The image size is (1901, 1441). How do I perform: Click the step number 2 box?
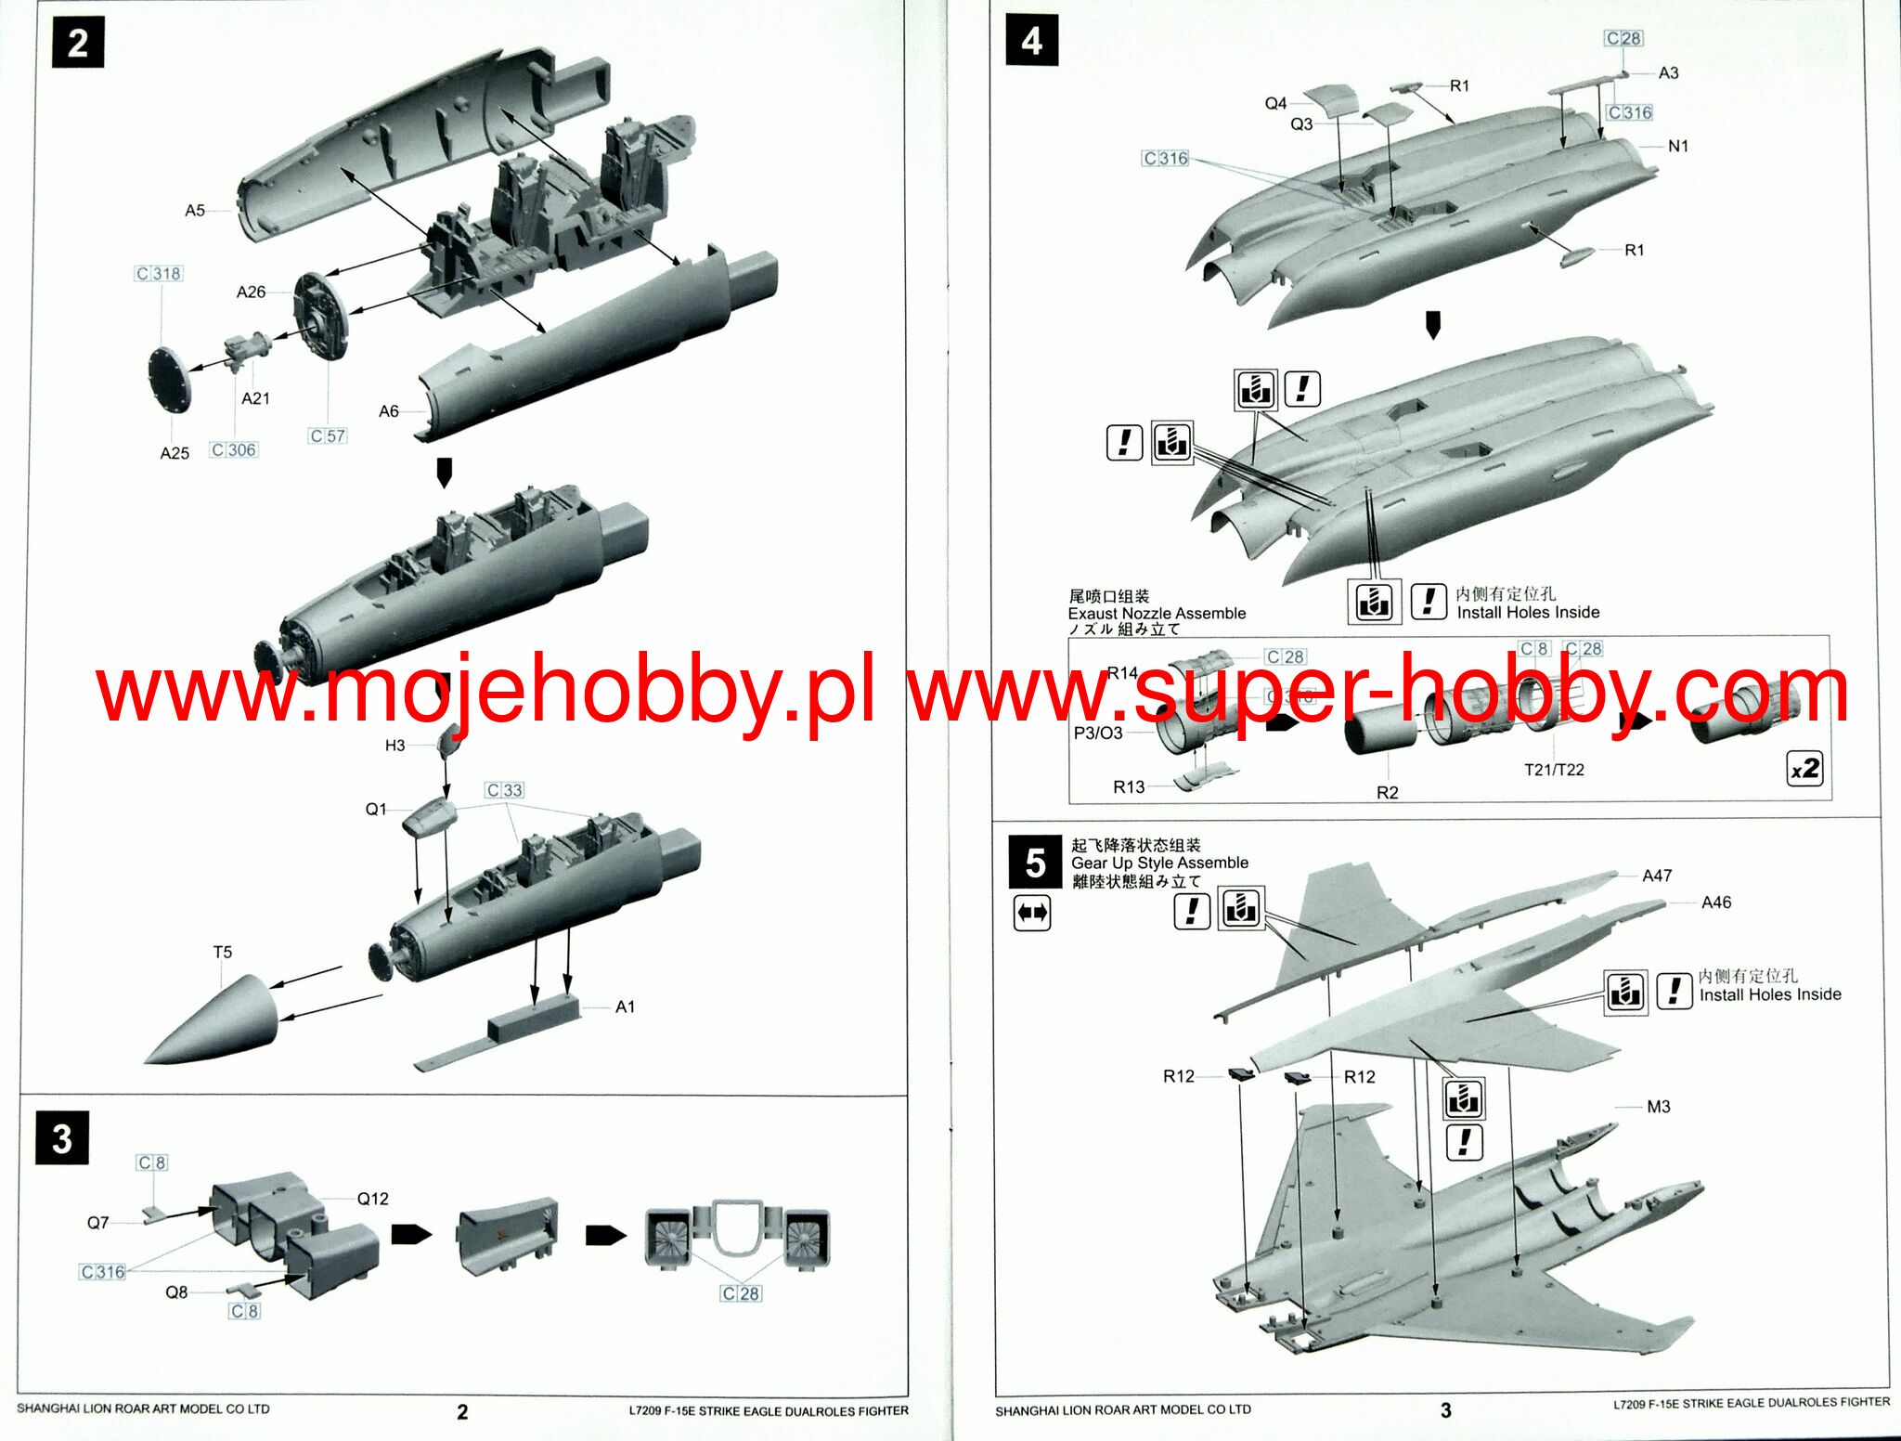click(x=78, y=43)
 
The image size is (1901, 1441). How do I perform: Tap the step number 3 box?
click(x=61, y=1137)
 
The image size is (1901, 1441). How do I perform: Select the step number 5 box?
click(x=1035, y=863)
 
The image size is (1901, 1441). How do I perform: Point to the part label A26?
click(x=251, y=292)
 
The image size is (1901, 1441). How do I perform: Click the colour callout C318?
click(x=159, y=274)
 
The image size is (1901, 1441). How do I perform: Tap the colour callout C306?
click(x=234, y=450)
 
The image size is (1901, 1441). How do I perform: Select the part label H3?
click(x=394, y=746)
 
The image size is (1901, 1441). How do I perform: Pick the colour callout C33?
click(x=505, y=790)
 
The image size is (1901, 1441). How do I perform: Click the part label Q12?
click(x=372, y=1199)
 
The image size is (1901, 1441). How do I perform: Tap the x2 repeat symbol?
click(x=1805, y=769)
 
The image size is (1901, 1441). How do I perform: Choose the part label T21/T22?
click(x=1554, y=770)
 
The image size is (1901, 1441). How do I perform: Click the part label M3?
click(x=1658, y=1107)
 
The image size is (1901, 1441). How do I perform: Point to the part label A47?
click(x=1657, y=876)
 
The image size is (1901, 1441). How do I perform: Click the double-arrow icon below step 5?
click(x=1032, y=913)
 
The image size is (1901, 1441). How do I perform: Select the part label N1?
click(x=1677, y=147)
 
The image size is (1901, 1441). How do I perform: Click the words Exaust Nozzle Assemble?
click(x=1157, y=614)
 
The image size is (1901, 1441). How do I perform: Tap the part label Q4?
click(x=1275, y=104)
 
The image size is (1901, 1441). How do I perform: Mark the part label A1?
click(x=625, y=1007)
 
